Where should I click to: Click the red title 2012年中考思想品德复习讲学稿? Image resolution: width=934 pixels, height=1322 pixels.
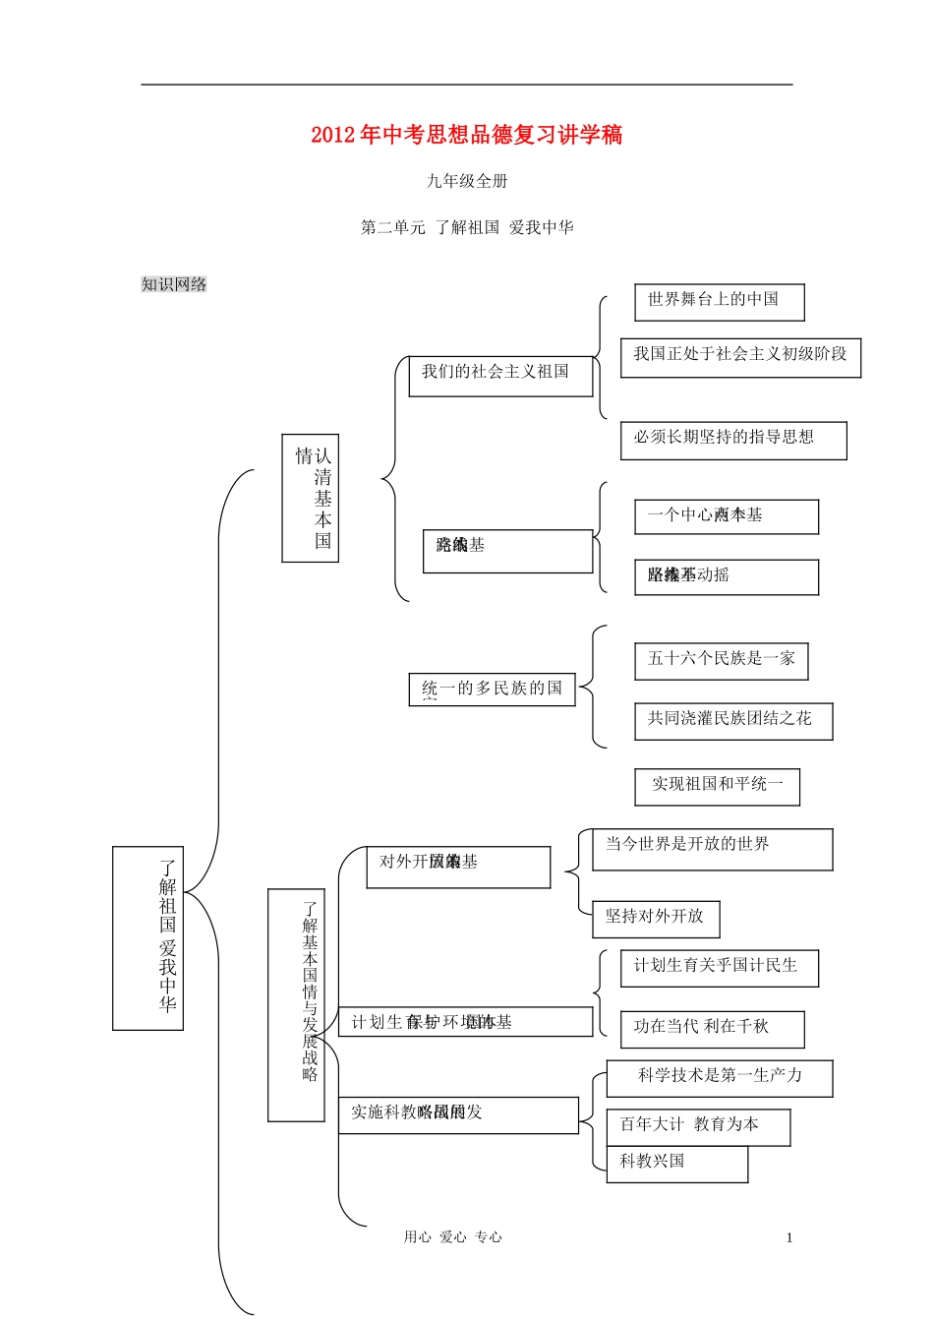(x=466, y=135)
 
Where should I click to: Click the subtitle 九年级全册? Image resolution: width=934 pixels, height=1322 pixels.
(x=467, y=181)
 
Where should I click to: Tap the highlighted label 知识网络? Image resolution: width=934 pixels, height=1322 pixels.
(x=174, y=284)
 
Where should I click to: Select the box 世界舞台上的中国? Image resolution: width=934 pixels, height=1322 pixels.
(x=719, y=301)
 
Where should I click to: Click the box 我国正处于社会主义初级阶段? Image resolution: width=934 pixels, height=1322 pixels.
(x=740, y=356)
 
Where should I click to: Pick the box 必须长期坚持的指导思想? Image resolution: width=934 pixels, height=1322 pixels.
(x=732, y=440)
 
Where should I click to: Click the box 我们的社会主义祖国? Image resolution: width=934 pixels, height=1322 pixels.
(x=500, y=375)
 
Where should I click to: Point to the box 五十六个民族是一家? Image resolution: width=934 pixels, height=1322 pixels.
(x=721, y=660)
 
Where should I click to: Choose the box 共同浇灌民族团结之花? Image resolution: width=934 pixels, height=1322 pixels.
(x=732, y=721)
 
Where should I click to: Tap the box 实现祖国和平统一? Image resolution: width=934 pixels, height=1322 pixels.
(x=717, y=786)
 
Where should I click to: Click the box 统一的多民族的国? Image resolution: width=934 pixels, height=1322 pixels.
(x=492, y=689)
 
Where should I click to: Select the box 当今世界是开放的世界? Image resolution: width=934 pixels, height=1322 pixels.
(x=712, y=848)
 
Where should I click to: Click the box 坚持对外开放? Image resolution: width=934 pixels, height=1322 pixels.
(x=656, y=918)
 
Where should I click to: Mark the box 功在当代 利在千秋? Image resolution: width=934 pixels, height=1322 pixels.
(x=712, y=1028)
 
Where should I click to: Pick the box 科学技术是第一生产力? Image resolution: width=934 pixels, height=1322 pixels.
(x=720, y=1077)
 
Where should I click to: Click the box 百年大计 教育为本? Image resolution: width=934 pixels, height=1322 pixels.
(x=698, y=1126)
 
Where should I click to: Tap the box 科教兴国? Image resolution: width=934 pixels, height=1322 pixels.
(x=676, y=1164)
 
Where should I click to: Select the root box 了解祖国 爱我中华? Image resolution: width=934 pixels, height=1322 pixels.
(x=148, y=937)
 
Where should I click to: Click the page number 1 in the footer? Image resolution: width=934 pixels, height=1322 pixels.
(x=789, y=1238)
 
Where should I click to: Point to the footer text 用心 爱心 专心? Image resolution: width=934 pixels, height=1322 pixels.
(x=452, y=1237)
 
